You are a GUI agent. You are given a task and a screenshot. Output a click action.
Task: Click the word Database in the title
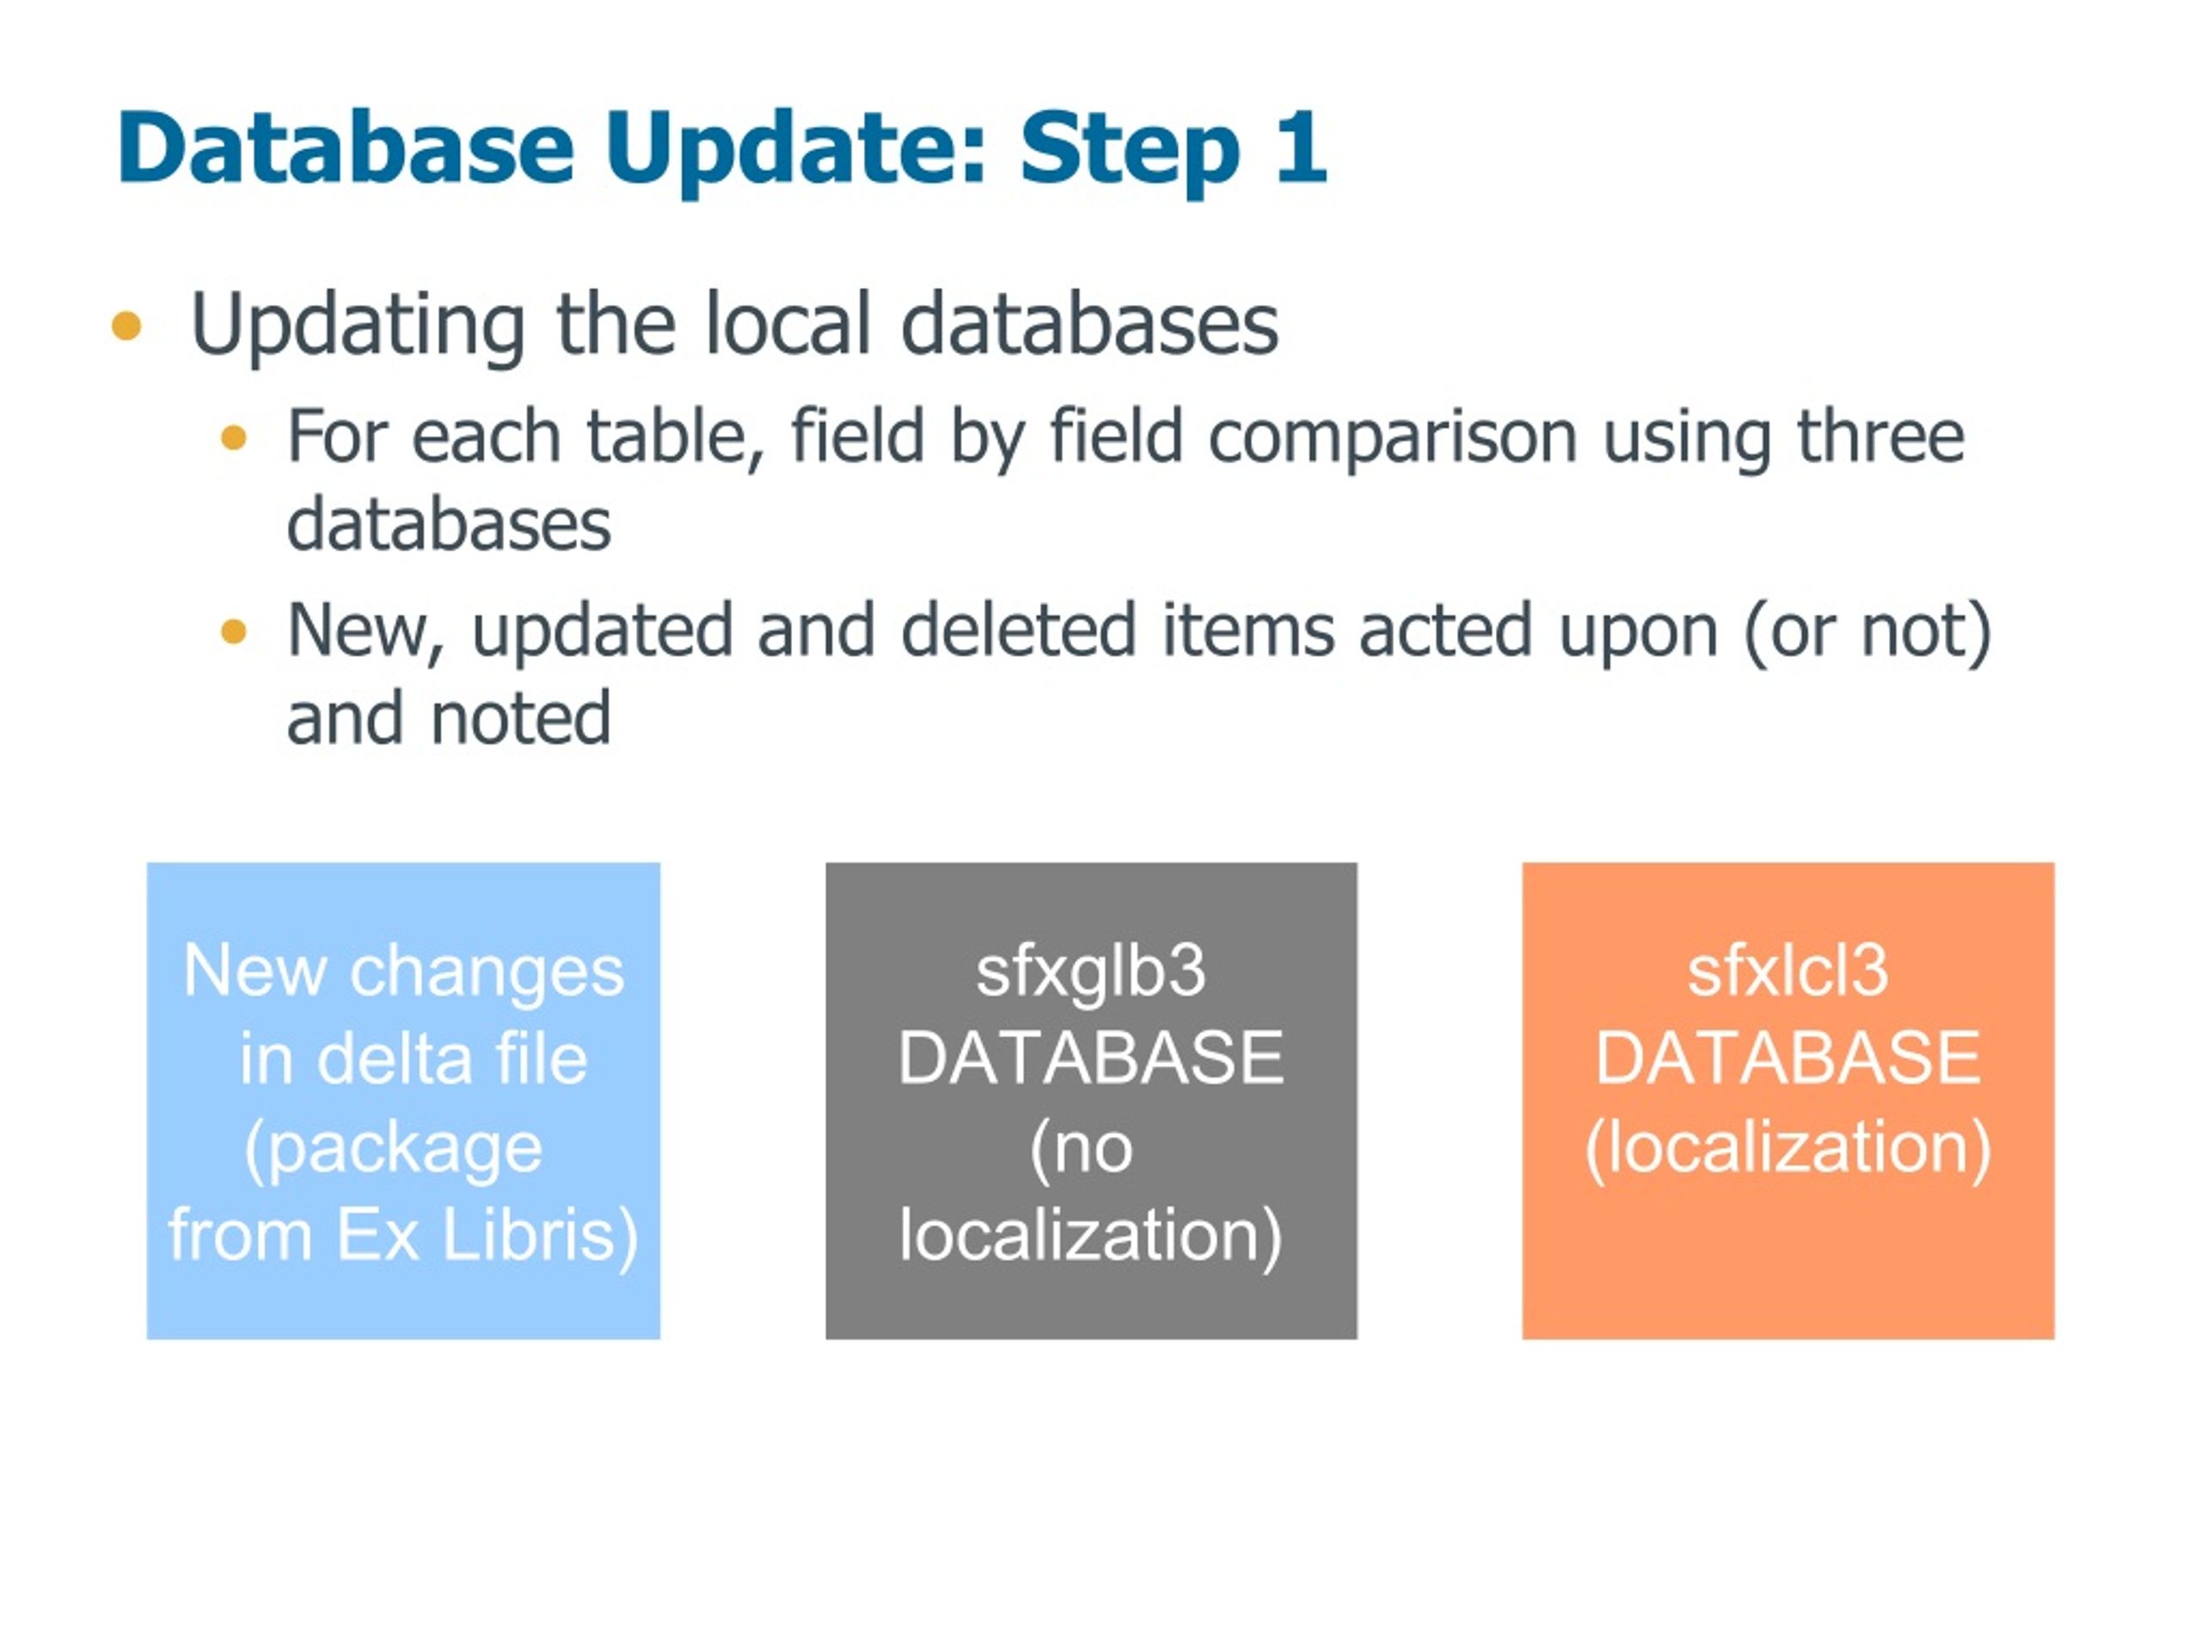coord(346,147)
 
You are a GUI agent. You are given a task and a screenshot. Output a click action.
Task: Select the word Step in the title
coord(1130,152)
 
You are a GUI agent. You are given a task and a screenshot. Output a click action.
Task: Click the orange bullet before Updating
coord(126,325)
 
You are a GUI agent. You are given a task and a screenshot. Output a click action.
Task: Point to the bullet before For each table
coord(233,438)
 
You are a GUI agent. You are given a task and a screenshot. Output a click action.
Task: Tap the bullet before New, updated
coord(233,631)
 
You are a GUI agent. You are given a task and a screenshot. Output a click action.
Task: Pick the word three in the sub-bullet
coord(1880,435)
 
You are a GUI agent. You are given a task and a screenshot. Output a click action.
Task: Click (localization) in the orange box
coord(1787,1149)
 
